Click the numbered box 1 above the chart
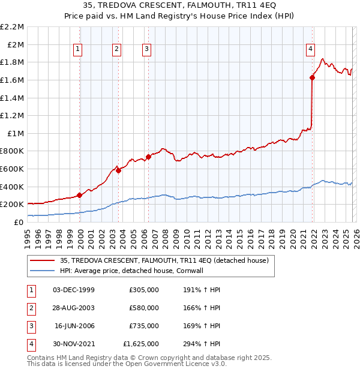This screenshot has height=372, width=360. (79, 50)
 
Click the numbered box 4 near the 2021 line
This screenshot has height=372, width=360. (310, 50)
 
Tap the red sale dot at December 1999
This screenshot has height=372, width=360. (79, 195)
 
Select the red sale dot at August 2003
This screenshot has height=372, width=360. (119, 170)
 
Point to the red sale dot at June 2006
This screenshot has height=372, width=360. (148, 157)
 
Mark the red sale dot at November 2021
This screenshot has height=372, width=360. (313, 77)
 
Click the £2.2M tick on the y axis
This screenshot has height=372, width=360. (13, 27)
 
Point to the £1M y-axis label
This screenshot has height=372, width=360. (16, 133)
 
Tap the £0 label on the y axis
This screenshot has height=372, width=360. (19, 222)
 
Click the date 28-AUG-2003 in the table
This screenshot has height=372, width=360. (74, 308)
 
